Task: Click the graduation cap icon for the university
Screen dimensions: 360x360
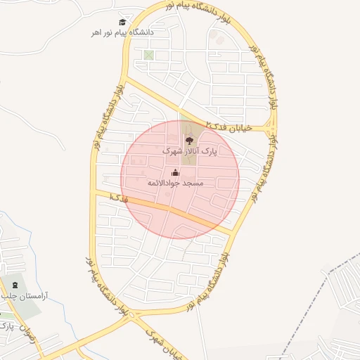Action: click(x=124, y=22)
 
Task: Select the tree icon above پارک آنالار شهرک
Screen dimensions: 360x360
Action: click(x=188, y=141)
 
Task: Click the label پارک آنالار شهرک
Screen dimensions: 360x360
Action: click(x=189, y=151)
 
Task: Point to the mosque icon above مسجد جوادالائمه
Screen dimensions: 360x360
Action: click(x=175, y=172)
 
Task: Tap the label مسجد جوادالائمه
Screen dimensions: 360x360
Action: click(x=175, y=183)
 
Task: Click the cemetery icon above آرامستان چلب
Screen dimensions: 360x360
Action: click(x=15, y=285)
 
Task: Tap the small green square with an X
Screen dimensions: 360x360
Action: click(x=148, y=55)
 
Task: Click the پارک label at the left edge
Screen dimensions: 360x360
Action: click(x=5, y=326)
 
